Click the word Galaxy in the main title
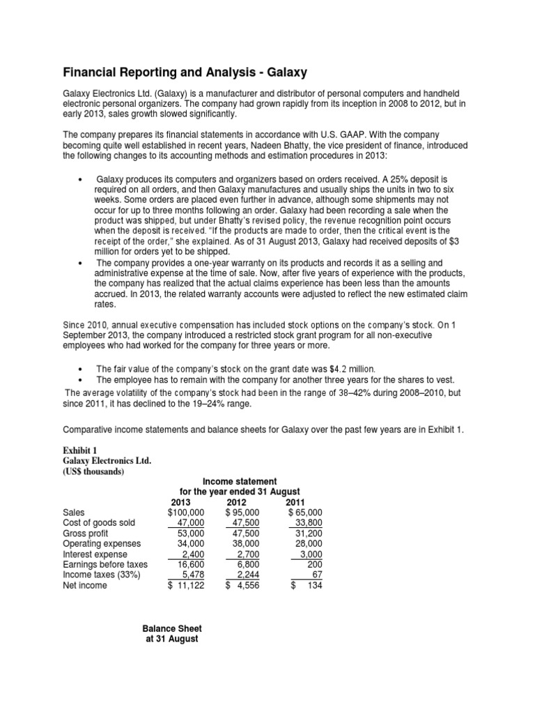coord(284,72)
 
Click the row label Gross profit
coord(88,533)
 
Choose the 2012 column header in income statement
coord(237,502)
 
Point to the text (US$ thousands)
coord(94,471)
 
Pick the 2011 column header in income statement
coord(295,502)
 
